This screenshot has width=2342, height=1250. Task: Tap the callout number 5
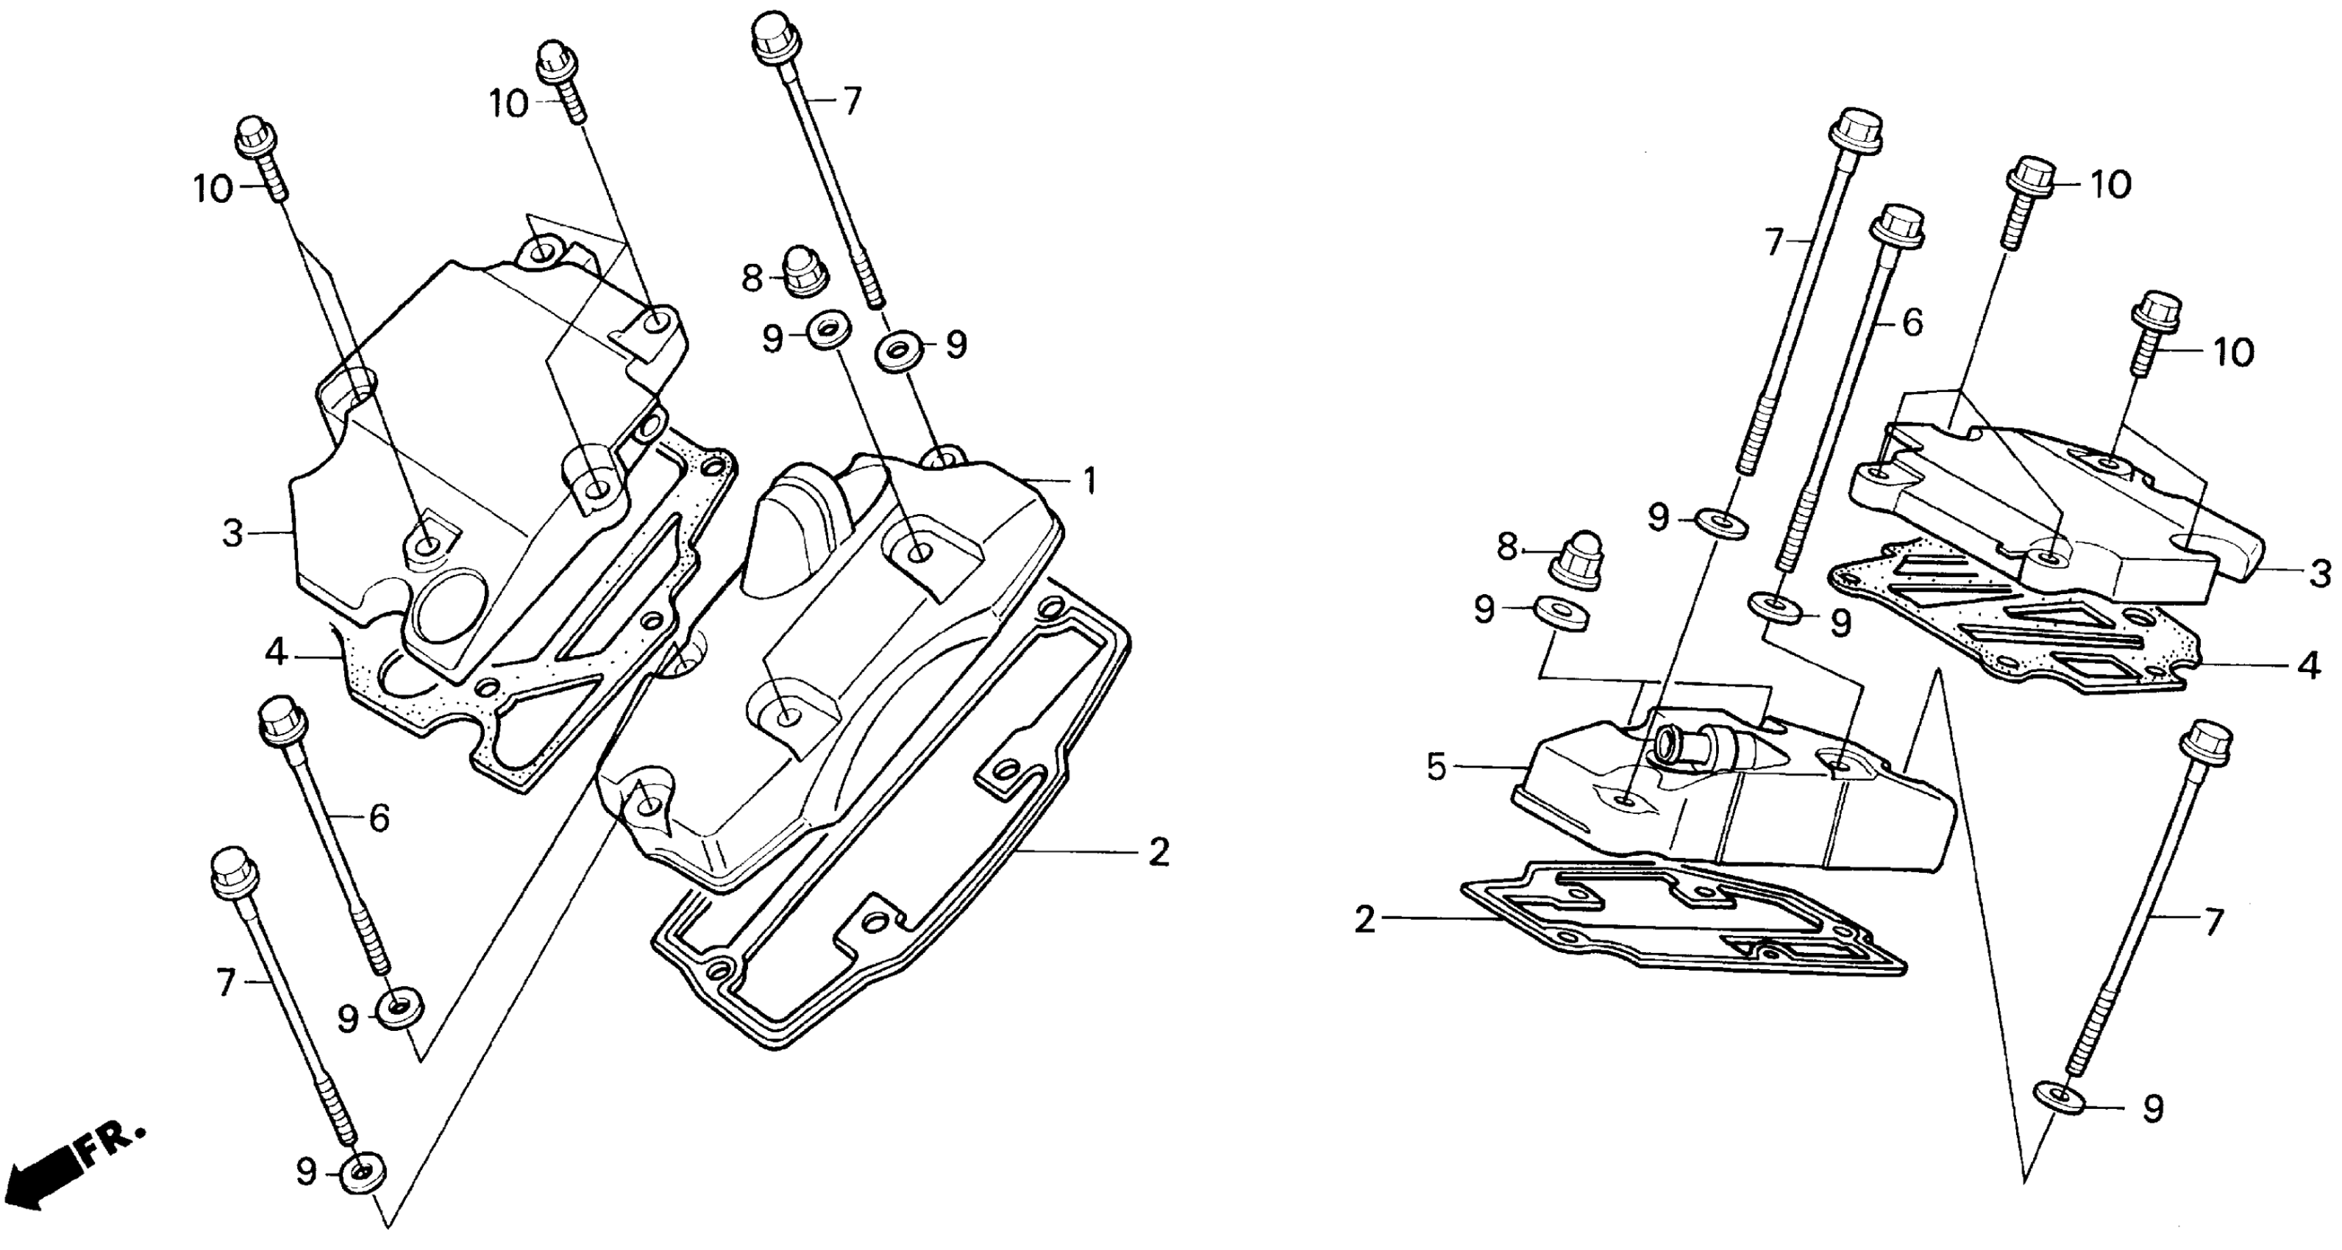tap(1436, 767)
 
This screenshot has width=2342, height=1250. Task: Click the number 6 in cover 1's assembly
tap(378, 818)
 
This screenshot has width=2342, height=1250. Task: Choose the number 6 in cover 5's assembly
tap(1912, 323)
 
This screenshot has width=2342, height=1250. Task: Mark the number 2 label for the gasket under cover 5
tap(1364, 919)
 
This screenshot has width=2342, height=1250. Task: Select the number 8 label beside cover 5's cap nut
tap(1507, 546)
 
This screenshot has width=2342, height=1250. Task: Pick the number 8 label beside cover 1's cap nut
tap(752, 278)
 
